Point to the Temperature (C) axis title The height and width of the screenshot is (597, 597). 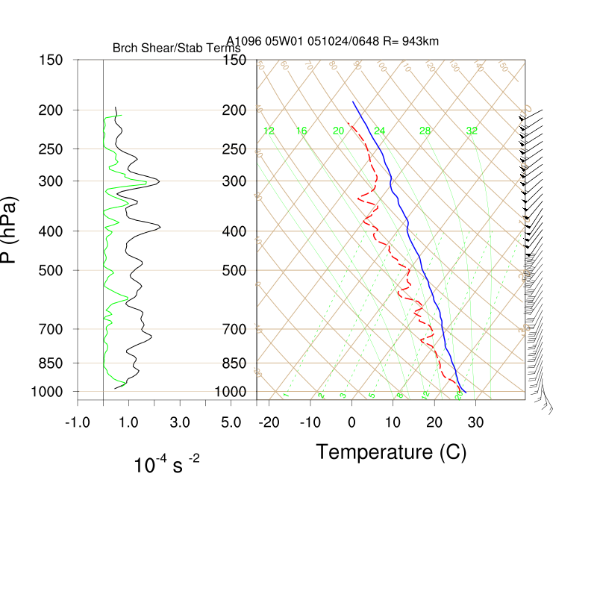point(391,451)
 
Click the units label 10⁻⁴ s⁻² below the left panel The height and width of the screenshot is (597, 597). point(166,465)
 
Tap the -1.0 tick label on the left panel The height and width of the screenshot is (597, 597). point(77,422)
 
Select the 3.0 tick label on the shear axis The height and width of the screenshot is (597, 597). point(179,422)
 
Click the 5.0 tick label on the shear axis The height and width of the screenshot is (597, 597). point(231,422)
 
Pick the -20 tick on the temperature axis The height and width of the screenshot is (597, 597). point(269,422)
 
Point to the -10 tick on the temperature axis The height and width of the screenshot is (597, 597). point(310,422)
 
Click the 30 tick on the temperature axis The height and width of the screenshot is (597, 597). point(475,422)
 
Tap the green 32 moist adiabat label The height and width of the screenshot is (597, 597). point(472,131)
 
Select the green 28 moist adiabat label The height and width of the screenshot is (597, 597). point(425,131)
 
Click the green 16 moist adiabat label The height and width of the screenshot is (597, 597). point(301,131)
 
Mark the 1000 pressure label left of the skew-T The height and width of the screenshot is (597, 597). point(230,392)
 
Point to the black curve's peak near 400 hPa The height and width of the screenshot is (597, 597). point(160,226)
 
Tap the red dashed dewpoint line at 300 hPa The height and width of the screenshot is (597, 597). point(376,181)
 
